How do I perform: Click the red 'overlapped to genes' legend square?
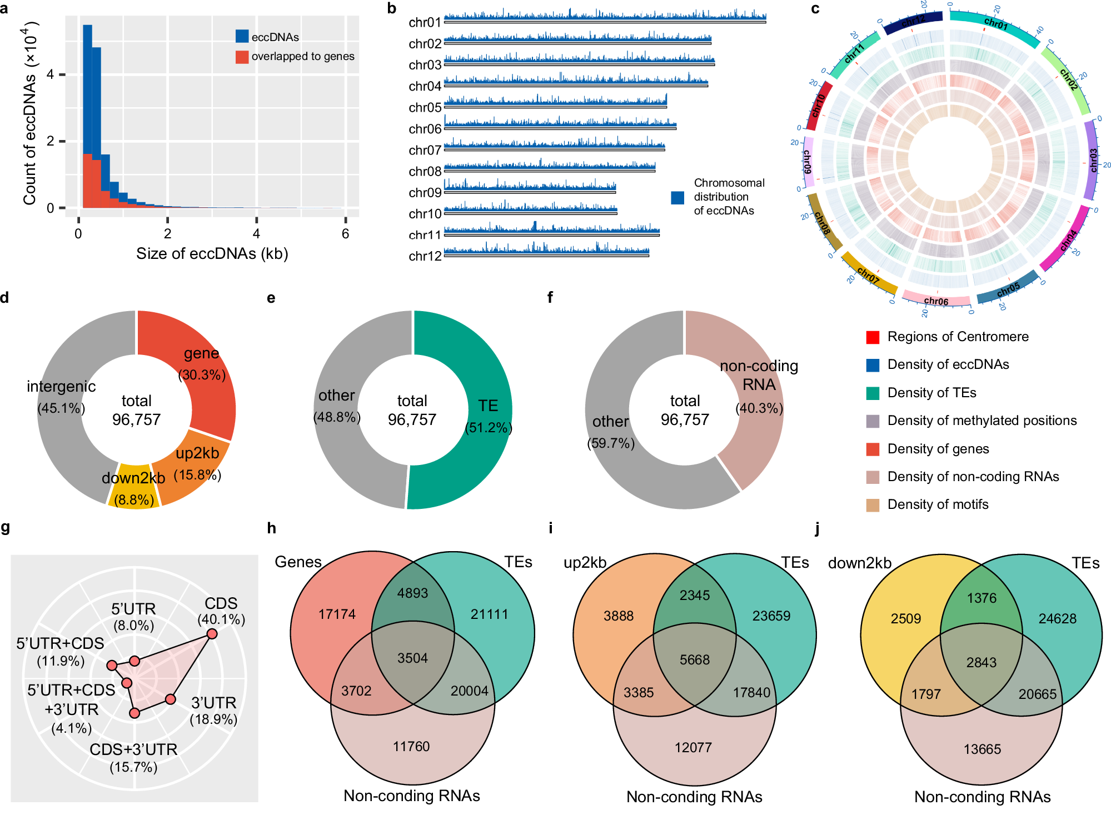(242, 57)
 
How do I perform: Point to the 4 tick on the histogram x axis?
(256, 233)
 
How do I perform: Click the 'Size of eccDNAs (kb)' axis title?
(212, 254)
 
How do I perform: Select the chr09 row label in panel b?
(425, 193)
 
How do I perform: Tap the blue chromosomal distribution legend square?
(677, 197)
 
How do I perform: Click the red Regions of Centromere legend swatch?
(873, 337)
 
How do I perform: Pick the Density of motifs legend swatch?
(873, 505)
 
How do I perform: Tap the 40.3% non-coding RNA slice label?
(759, 408)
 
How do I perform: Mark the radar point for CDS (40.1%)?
(212, 634)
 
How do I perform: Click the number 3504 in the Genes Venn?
(412, 658)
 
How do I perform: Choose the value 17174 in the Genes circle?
(337, 614)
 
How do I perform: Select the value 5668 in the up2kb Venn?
(695, 660)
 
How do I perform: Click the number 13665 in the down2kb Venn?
(982, 749)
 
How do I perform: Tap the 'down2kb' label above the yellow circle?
(859, 563)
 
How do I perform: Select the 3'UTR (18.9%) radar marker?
(171, 699)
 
